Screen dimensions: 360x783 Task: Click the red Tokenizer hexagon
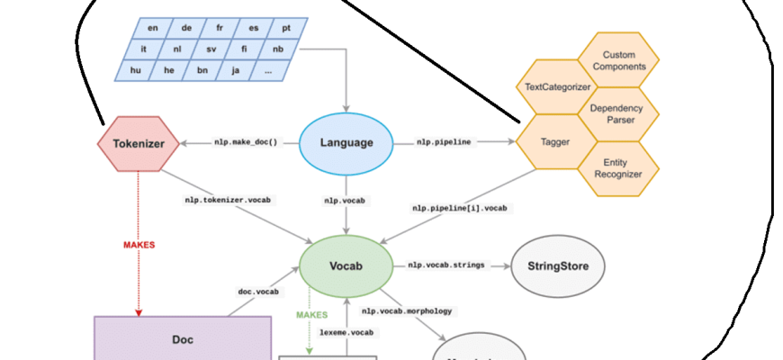point(137,143)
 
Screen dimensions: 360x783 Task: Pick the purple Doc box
point(183,339)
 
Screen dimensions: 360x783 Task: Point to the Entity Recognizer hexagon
point(617,167)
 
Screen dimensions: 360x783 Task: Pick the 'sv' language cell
point(211,49)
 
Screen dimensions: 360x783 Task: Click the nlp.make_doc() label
point(245,142)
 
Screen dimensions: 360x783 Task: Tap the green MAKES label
point(311,314)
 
